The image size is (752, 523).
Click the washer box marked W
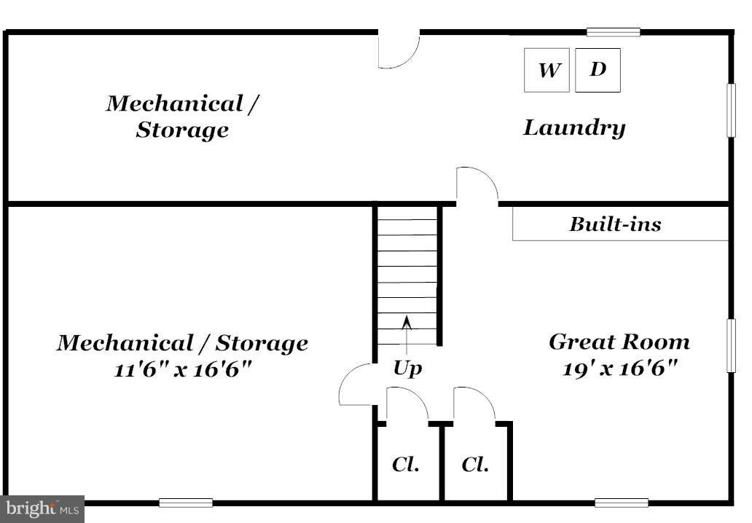(547, 71)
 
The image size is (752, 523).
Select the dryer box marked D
(598, 70)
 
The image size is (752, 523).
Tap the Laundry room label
(574, 128)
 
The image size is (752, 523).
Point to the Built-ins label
(615, 224)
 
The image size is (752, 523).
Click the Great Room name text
(619, 342)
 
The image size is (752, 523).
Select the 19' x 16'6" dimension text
(620, 368)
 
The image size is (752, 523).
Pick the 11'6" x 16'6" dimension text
(182, 369)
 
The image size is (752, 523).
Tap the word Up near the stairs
(407, 369)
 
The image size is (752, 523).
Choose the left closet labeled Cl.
(406, 464)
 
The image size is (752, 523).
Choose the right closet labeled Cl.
(475, 464)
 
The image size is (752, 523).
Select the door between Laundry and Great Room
(477, 185)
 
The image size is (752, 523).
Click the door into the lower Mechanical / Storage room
(357, 385)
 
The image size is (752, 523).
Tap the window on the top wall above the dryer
(614, 32)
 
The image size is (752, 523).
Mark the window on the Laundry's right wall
(731, 110)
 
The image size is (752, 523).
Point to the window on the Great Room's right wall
(731, 345)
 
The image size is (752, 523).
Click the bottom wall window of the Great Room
(621, 503)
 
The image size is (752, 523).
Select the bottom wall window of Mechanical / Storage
(186, 503)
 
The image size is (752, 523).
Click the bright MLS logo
(42, 508)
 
